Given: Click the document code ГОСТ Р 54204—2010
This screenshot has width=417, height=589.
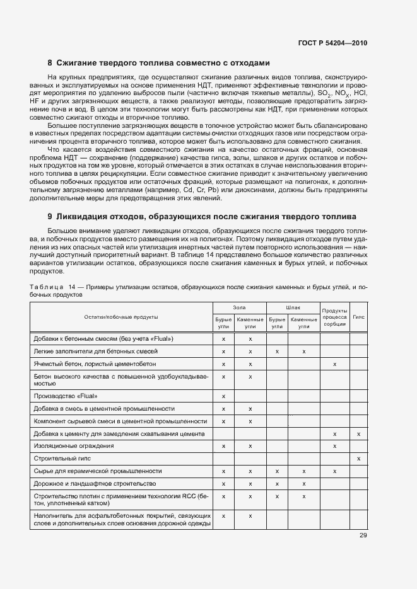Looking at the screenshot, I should pos(333,43).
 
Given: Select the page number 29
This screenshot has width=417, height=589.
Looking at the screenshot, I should pos(363,535).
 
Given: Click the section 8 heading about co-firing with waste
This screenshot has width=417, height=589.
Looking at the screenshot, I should pos(159,63).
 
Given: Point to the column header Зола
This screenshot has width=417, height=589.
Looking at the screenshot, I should pos(239,307).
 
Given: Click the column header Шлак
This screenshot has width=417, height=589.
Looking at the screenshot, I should pos(293,307).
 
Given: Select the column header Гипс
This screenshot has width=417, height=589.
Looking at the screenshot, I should pos(358,316).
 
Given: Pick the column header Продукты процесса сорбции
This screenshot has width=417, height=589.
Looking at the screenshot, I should pos(334,317).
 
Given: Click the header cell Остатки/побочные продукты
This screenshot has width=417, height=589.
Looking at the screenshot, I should pos(121,316).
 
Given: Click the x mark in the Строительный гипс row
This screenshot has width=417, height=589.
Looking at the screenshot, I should pos(358,459).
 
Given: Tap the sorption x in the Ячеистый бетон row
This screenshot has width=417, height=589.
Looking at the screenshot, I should pos(334,364).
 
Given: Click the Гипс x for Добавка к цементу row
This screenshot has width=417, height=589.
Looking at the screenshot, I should pos(358,434).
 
